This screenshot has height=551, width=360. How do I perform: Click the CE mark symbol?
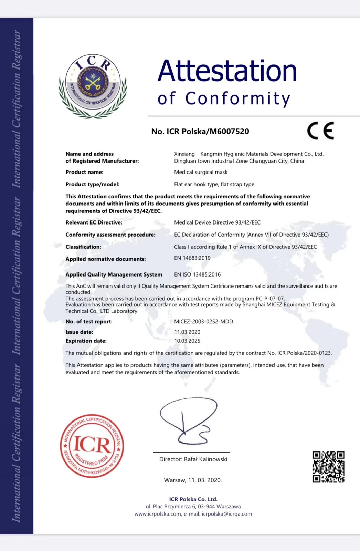tap(320, 131)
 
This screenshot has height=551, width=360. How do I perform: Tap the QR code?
tap(328, 467)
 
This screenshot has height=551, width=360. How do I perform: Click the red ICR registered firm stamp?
tap(92, 446)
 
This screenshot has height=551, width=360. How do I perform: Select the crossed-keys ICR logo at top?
tap(93, 86)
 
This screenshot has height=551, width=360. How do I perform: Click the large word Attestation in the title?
tap(227, 71)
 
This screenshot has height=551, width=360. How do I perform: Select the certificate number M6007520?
tap(227, 132)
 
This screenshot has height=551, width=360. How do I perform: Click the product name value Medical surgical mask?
tap(201, 172)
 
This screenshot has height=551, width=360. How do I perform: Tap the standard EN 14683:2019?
tap(192, 258)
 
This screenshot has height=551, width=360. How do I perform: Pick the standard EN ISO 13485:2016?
tap(197, 274)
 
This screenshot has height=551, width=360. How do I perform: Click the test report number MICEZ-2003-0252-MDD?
tap(203, 322)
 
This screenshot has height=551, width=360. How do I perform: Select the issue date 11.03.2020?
tap(187, 332)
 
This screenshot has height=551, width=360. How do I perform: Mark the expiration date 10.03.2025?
tap(187, 341)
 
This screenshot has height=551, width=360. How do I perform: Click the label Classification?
tap(83, 247)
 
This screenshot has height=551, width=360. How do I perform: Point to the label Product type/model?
tap(93, 185)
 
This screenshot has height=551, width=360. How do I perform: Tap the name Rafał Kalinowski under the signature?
tap(206, 459)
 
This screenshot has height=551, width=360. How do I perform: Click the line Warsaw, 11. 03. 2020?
tap(193, 480)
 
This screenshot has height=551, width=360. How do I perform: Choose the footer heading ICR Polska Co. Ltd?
tap(193, 499)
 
